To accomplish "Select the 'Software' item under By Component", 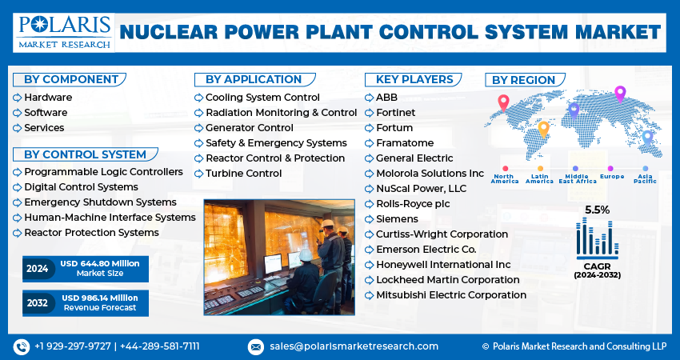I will (x=46, y=113).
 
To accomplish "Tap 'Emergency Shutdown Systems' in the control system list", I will (x=100, y=202).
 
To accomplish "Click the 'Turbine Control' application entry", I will (x=243, y=173).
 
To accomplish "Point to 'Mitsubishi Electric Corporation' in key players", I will (x=450, y=295).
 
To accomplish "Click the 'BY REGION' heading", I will (x=523, y=80).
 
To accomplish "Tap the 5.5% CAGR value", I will (x=597, y=210).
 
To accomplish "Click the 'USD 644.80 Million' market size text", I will (x=98, y=264).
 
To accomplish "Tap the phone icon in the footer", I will (x=22, y=346).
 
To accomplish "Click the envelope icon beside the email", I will (x=256, y=346).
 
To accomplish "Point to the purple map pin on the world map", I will (x=619, y=93).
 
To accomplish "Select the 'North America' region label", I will (x=505, y=178).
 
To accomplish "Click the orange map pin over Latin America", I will (x=543, y=128).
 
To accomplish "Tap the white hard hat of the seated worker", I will (x=306, y=255).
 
